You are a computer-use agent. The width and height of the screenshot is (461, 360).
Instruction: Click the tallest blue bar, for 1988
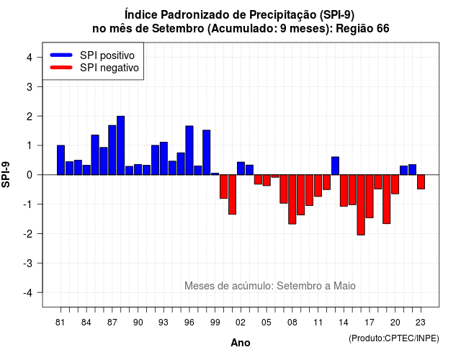coord(120,145)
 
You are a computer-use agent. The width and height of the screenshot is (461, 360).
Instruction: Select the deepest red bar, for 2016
coord(361,204)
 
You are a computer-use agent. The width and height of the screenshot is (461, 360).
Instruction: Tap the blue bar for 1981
coord(61,160)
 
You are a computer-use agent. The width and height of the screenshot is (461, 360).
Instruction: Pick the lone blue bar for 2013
coord(335,166)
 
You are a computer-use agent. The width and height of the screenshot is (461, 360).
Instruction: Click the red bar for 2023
coord(421,182)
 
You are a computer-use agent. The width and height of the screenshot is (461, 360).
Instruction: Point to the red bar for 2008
coord(292,199)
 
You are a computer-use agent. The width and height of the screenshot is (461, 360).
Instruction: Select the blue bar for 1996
coord(189,150)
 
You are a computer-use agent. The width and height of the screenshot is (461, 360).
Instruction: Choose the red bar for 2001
coord(232,194)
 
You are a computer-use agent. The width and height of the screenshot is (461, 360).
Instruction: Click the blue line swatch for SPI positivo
coord(61,55)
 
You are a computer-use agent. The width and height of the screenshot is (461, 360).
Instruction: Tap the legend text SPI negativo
coord(109,68)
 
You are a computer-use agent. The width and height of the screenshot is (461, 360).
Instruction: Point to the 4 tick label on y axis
coord(30,58)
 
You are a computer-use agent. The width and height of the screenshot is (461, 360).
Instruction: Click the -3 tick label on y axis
coord(28,264)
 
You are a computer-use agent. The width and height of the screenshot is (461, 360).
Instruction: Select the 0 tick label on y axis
coord(30,175)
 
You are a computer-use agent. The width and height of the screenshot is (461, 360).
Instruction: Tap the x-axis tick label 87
coord(112,323)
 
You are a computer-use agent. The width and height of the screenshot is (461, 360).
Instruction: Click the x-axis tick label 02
coord(241,323)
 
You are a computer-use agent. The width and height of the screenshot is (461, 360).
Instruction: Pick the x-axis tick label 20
coord(395,323)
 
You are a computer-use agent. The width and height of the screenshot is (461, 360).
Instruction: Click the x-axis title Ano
coord(241,343)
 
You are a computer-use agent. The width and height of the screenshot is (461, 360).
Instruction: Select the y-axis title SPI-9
coord(6,174)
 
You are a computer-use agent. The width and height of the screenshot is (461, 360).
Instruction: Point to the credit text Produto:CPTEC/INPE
coord(394,338)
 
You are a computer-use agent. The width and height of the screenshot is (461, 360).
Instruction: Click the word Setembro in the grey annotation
coord(296,286)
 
